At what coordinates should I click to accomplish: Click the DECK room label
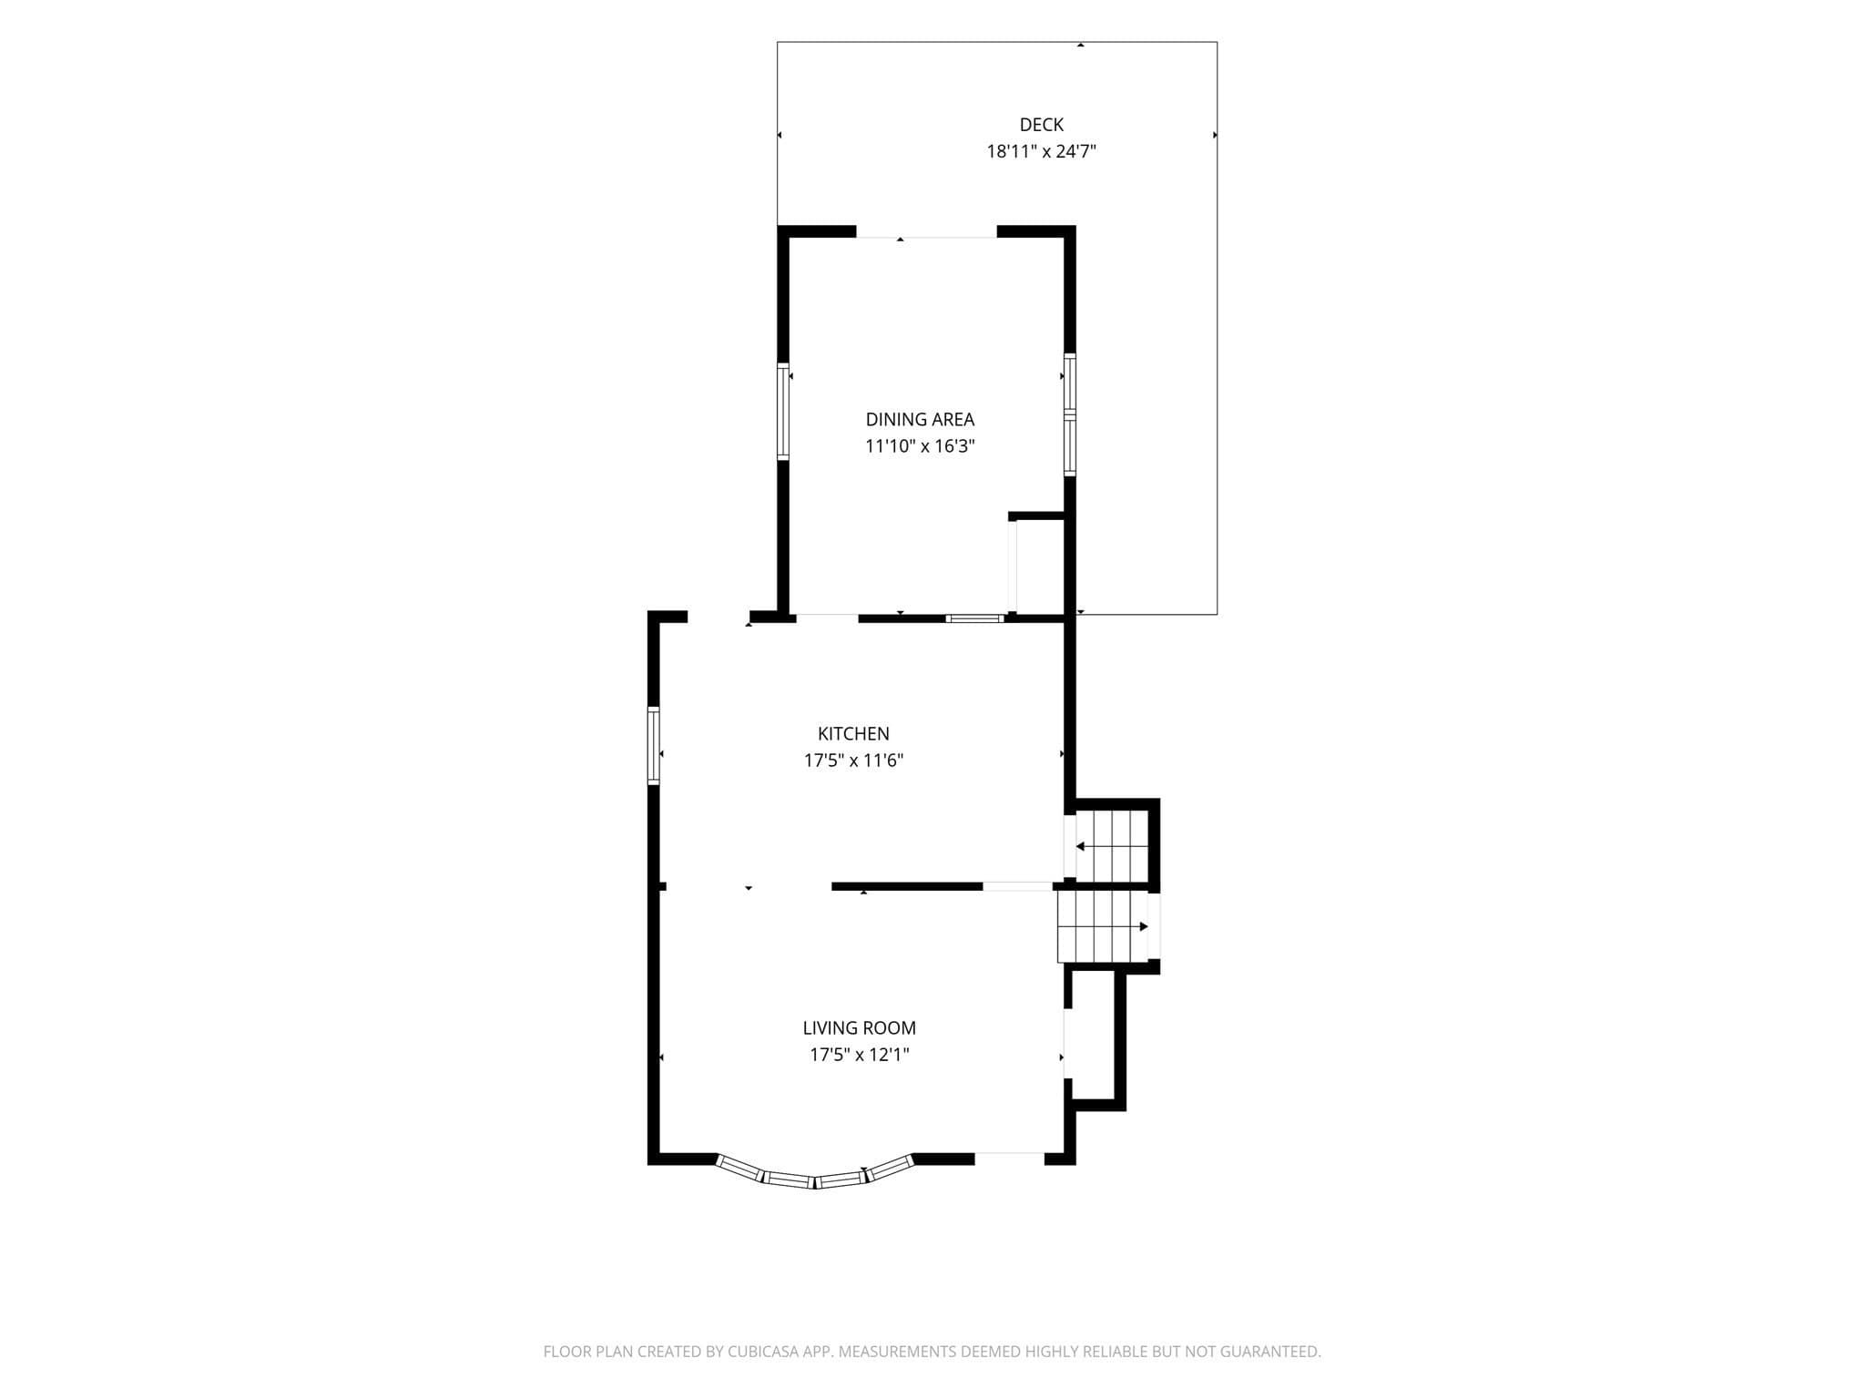1041,125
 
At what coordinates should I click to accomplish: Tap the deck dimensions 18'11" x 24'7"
1041,151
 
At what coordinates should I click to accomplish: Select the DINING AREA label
920,420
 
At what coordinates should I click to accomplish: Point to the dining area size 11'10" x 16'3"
920,446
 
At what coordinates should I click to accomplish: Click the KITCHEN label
853,734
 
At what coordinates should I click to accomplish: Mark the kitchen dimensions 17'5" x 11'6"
853,761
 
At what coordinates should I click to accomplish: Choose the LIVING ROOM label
859,1028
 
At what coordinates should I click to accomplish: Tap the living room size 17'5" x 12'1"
860,1055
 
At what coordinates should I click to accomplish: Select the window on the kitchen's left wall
653,745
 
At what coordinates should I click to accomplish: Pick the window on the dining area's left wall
782,411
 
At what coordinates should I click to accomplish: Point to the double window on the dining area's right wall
1070,414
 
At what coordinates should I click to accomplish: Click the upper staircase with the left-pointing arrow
1111,846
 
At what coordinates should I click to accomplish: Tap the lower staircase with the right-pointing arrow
1102,926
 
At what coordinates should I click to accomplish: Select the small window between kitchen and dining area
974,618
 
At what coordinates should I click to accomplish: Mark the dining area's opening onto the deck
926,231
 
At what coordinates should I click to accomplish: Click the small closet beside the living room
1095,1039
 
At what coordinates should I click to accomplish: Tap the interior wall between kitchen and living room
907,886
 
